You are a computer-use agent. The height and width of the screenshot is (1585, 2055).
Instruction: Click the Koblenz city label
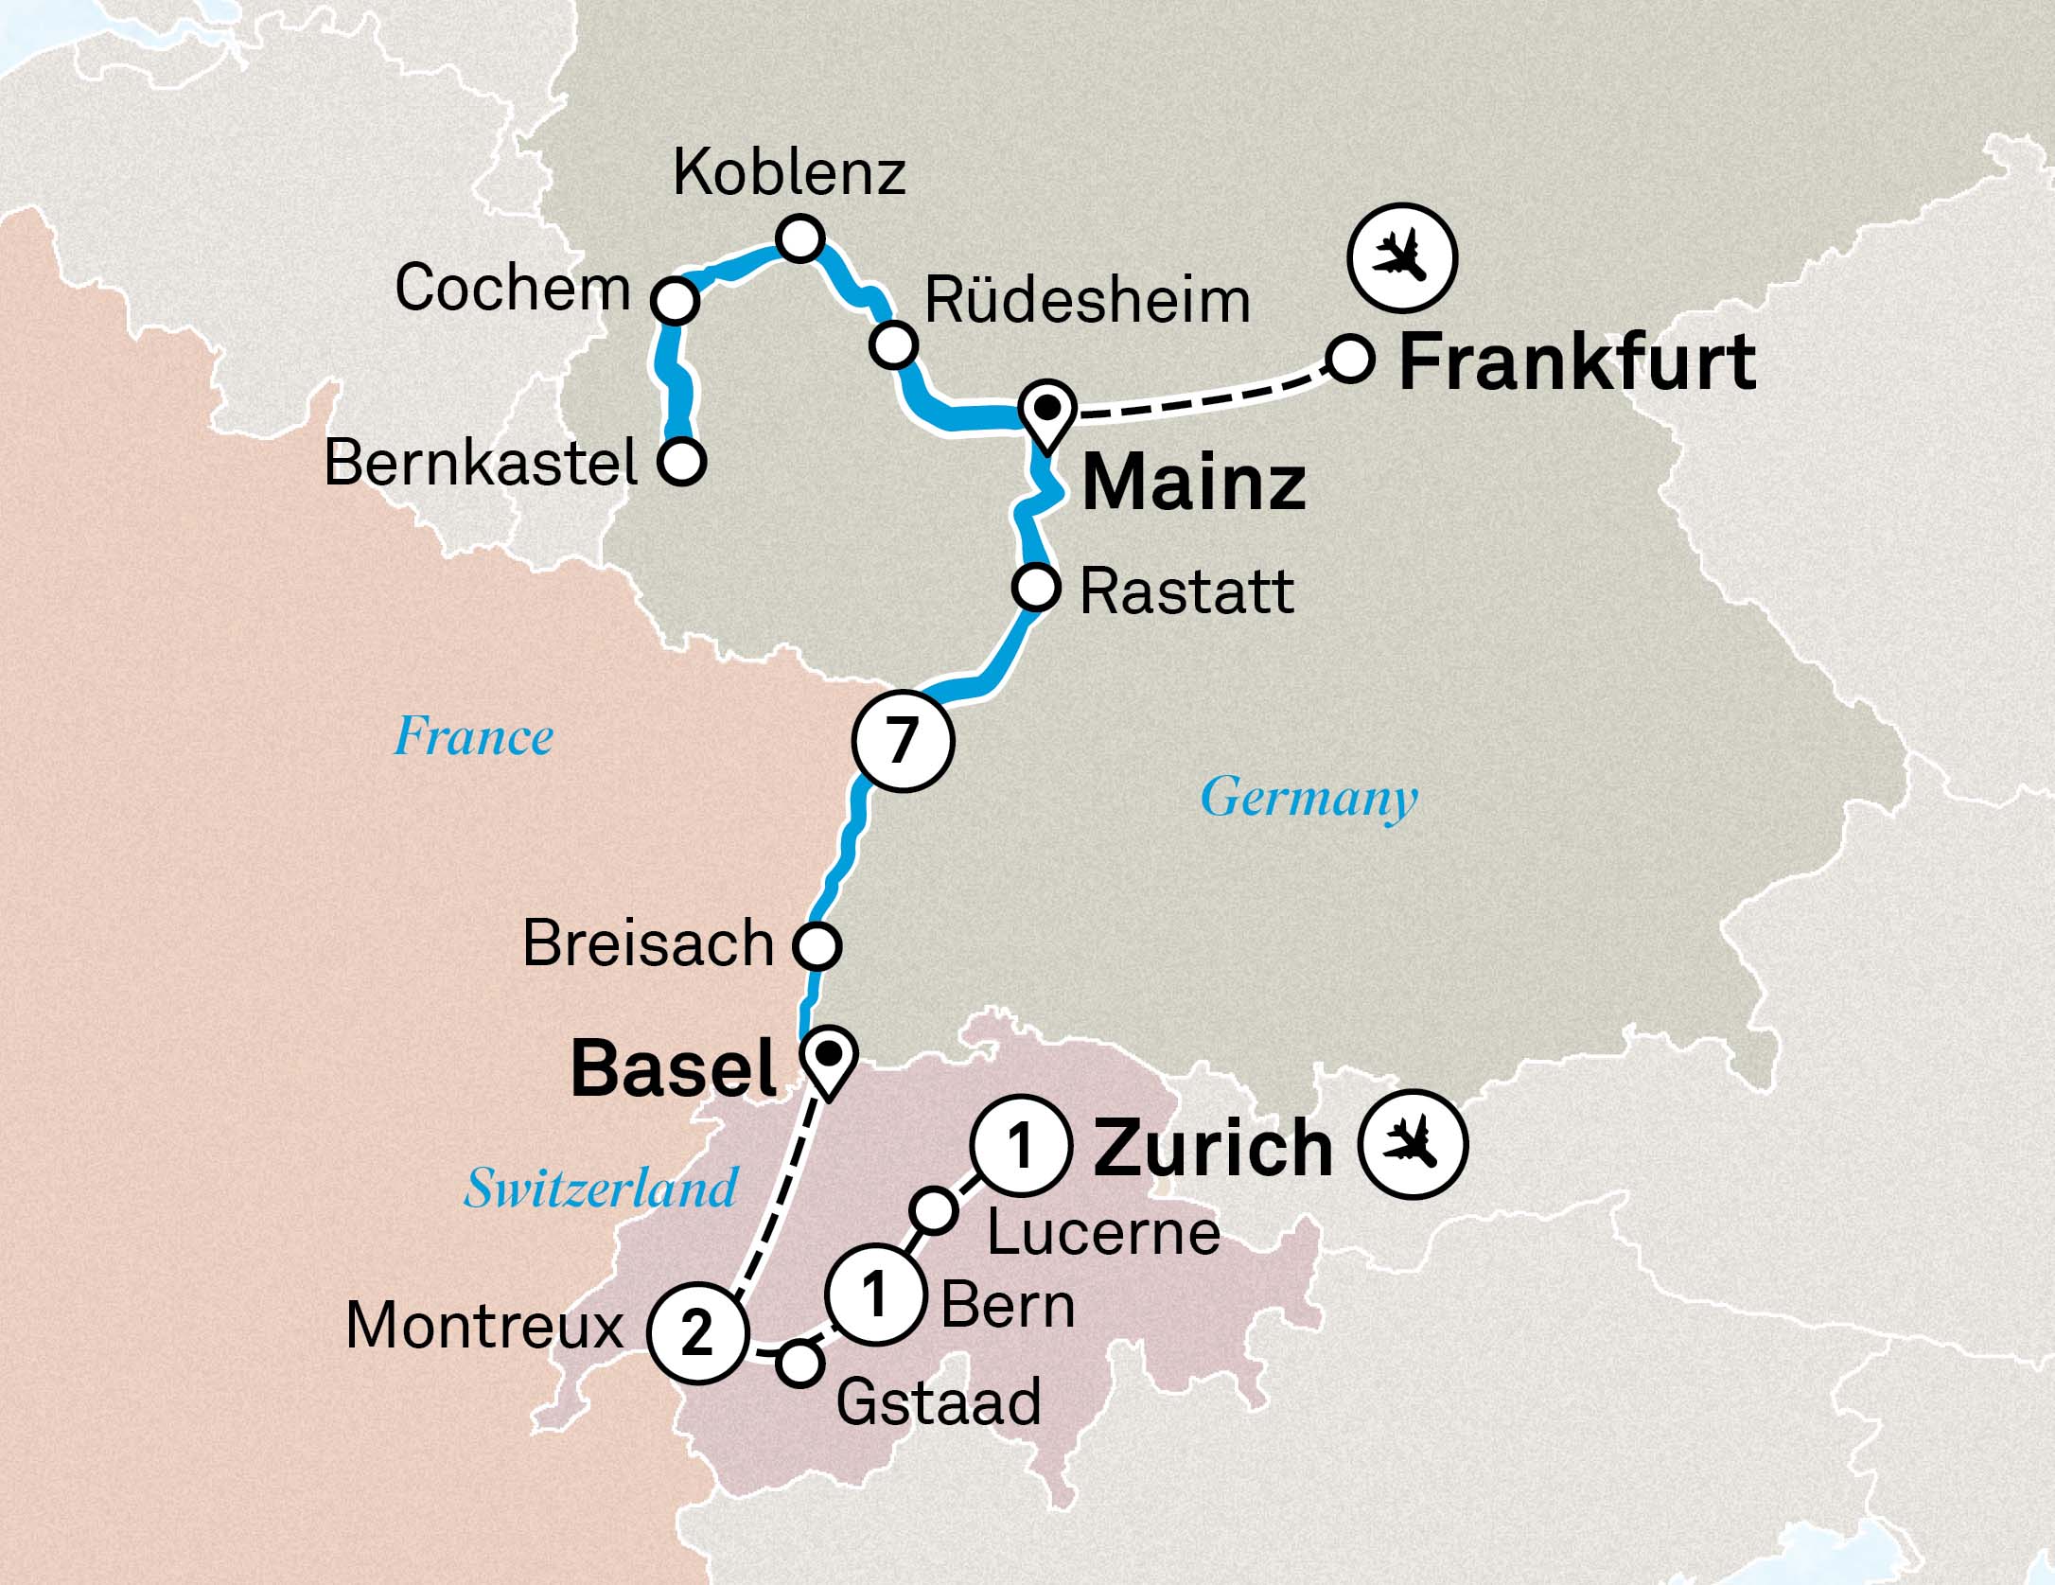tap(789, 174)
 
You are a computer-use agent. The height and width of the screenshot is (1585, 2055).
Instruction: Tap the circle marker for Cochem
tap(675, 301)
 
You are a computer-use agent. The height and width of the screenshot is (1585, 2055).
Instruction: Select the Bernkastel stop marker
tap(682, 462)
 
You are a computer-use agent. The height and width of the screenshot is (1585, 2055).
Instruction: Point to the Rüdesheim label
tap(1087, 302)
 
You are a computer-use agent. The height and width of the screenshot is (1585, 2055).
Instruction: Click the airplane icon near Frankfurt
tap(1402, 257)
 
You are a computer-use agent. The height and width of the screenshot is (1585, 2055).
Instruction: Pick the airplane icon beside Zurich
tap(1413, 1144)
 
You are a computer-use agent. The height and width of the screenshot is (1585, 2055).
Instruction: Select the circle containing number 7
tap(902, 742)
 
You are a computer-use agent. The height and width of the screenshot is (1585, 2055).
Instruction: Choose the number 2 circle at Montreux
tap(697, 1333)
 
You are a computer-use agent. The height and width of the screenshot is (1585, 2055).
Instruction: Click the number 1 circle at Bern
tap(874, 1294)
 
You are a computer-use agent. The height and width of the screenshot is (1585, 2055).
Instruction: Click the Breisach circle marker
tap(817, 944)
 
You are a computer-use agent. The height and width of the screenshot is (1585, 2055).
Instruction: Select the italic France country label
tap(473, 737)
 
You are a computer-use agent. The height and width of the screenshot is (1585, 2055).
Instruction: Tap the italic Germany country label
tap(1309, 798)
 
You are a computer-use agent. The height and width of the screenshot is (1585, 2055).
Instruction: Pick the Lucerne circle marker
tap(933, 1210)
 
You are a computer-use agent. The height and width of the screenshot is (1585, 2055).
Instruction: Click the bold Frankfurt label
tap(1576, 363)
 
